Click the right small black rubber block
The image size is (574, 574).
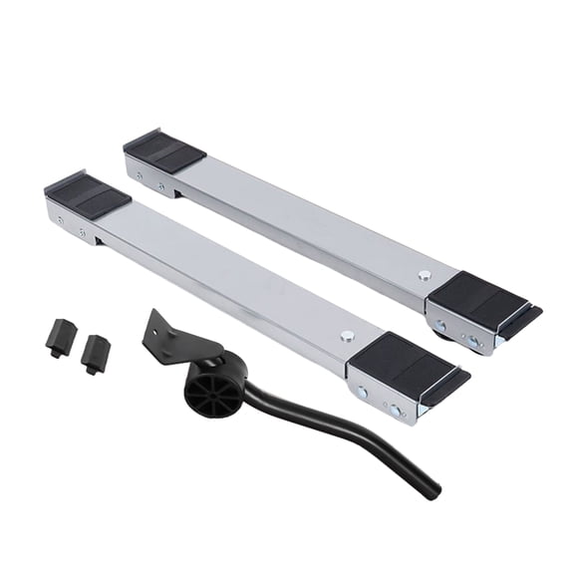point(96,350)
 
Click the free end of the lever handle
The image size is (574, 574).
point(431,489)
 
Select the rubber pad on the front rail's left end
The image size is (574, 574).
point(89,195)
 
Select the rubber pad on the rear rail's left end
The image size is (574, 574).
point(164,149)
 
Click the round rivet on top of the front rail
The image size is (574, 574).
point(347,337)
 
